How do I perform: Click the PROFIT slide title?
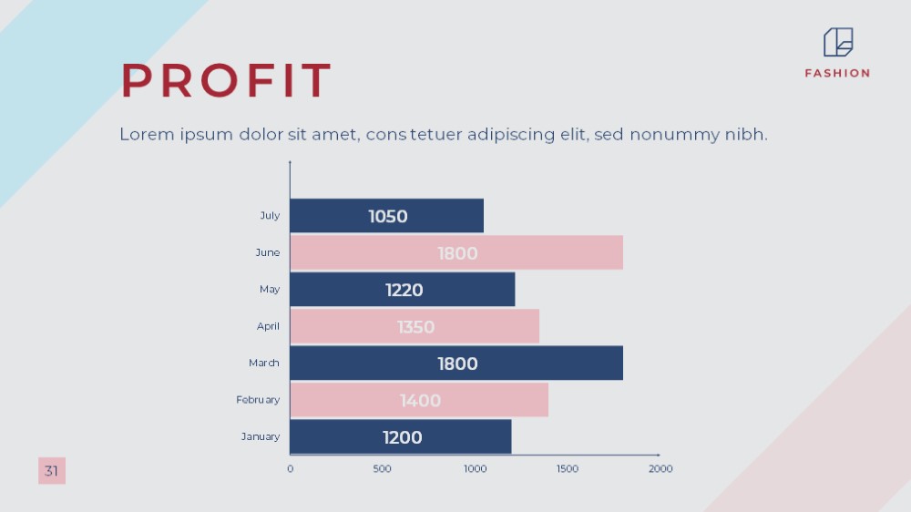(x=226, y=80)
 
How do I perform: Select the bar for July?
(x=387, y=216)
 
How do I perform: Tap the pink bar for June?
(x=456, y=252)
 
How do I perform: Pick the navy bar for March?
(x=456, y=364)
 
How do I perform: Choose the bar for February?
(x=419, y=400)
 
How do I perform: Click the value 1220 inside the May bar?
(x=404, y=290)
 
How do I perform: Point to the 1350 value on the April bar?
(x=416, y=327)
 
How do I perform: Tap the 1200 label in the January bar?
(x=402, y=437)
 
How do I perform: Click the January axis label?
(x=261, y=436)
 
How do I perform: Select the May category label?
(x=270, y=290)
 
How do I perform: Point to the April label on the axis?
(x=268, y=326)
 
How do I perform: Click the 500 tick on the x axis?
(x=383, y=469)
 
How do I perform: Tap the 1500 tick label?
(x=568, y=469)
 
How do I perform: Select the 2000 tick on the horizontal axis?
(x=660, y=469)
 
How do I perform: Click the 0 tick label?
(x=291, y=469)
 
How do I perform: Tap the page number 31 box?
(x=52, y=471)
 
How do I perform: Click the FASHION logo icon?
(x=838, y=43)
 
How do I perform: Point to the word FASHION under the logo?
(x=838, y=73)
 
